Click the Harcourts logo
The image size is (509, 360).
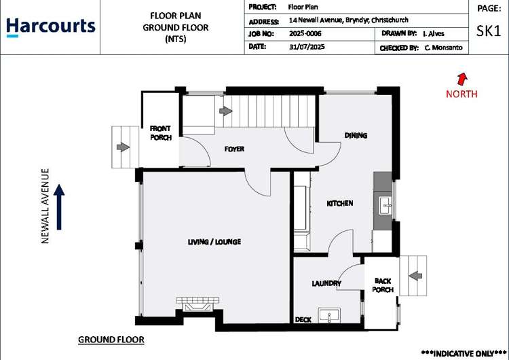pos(51,26)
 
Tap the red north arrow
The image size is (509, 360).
pos(462,79)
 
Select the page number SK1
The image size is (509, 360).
pos(489,31)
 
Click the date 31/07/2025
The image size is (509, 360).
pos(307,48)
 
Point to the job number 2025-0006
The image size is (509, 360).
pos(306,33)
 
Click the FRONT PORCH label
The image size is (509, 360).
pos(161,132)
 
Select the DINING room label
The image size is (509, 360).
pos(356,135)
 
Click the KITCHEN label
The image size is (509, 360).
pos(339,203)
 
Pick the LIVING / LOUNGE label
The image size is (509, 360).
pos(214,242)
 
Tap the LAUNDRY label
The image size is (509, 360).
pos(326,283)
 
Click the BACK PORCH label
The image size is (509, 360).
pos(383,285)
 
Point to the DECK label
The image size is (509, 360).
pos(303,319)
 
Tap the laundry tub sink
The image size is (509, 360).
pos(333,317)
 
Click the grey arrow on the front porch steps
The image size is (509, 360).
pos(123,147)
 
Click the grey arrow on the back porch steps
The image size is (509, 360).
pos(415,275)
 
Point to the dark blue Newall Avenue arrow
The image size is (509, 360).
pos(60,206)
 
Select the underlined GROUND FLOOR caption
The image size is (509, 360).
pos(111,339)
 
